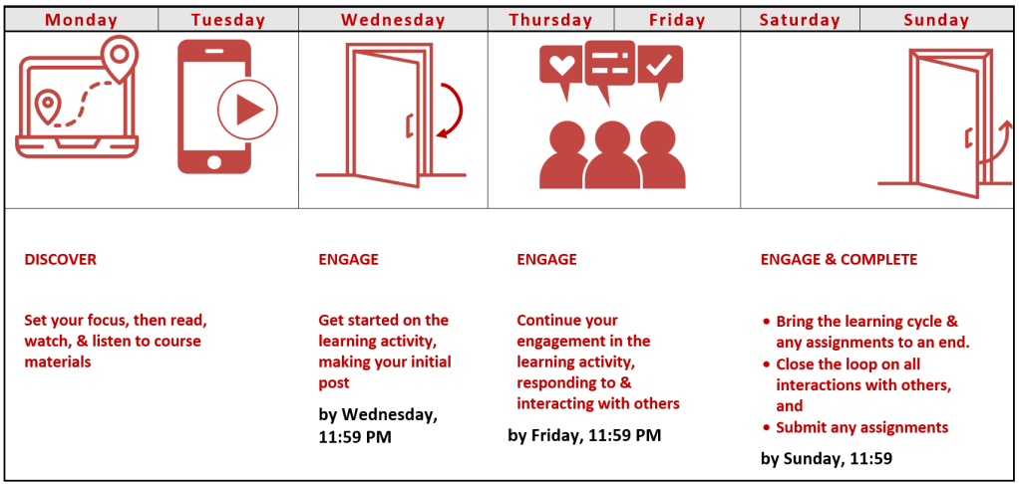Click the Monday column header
pos(82,20)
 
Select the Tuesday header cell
pos(228,20)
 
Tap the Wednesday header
pos(393,20)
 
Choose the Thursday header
pos(550,20)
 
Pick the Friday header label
pos(677,20)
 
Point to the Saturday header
pos(800,20)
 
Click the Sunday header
pos(936,20)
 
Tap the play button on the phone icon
pos(246,110)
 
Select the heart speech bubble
pos(562,67)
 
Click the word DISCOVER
pos(61,260)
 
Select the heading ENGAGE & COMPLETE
pos(839,260)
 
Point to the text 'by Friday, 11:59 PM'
pos(584,435)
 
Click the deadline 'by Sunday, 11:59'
pos(827,459)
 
